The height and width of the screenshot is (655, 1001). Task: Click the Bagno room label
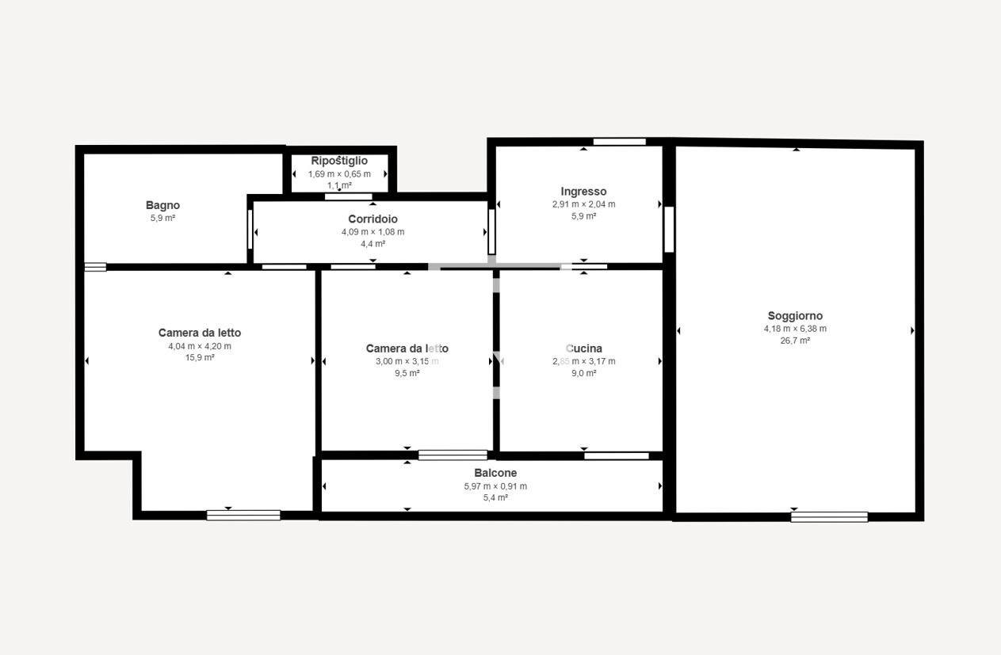tap(162, 205)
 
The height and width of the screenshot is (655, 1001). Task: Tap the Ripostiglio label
tap(339, 161)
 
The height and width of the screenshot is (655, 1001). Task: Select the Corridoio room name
tap(373, 219)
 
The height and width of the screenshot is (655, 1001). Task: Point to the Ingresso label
tap(583, 192)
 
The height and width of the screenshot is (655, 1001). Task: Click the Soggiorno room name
tap(795, 316)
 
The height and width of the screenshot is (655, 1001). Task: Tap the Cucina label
tap(583, 348)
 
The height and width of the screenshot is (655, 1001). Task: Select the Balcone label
tap(495, 473)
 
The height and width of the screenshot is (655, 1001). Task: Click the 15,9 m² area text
tap(200, 358)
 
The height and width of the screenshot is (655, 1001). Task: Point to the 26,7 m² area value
tap(795, 341)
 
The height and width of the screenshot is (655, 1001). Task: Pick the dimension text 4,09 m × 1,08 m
tap(373, 232)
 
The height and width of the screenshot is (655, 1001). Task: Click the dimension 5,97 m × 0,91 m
tap(495, 486)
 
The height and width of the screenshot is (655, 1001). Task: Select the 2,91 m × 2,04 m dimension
tap(583, 204)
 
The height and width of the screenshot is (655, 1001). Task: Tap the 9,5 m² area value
tap(407, 373)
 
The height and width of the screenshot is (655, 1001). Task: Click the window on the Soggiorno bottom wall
tap(829, 516)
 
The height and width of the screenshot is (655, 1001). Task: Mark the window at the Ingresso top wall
tap(619, 142)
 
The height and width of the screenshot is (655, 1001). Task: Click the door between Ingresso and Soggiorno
tap(669, 230)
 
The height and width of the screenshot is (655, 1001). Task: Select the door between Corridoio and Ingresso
tap(491, 232)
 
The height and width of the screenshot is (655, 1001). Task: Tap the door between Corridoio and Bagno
tap(250, 230)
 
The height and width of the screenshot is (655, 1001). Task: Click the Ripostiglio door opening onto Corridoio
tap(349, 197)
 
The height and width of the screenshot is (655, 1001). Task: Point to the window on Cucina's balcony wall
tap(617, 456)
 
